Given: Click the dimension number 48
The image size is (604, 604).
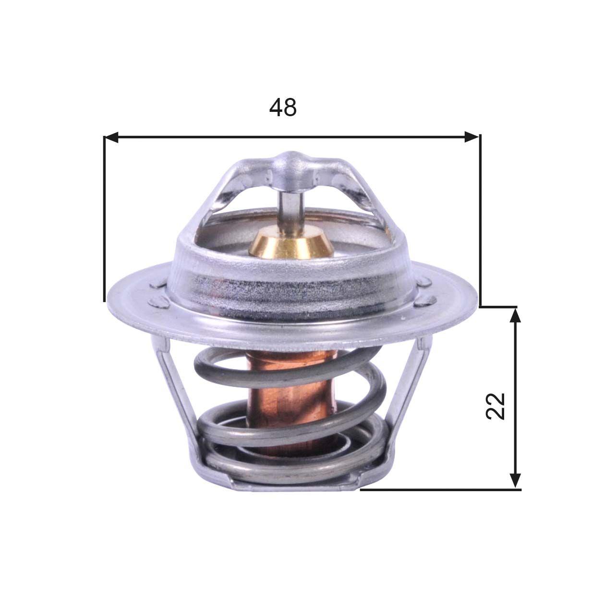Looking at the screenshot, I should click(283, 108).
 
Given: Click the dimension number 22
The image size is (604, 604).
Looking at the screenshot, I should click(496, 406).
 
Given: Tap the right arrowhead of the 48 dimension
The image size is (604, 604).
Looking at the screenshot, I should click(472, 138).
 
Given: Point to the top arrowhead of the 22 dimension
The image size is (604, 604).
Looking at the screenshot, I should click(515, 315).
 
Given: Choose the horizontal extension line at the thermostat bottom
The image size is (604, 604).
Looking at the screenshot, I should click(439, 489).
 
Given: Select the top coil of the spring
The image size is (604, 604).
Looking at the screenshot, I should click(288, 365).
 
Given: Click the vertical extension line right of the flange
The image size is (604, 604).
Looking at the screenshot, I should click(480, 221).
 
